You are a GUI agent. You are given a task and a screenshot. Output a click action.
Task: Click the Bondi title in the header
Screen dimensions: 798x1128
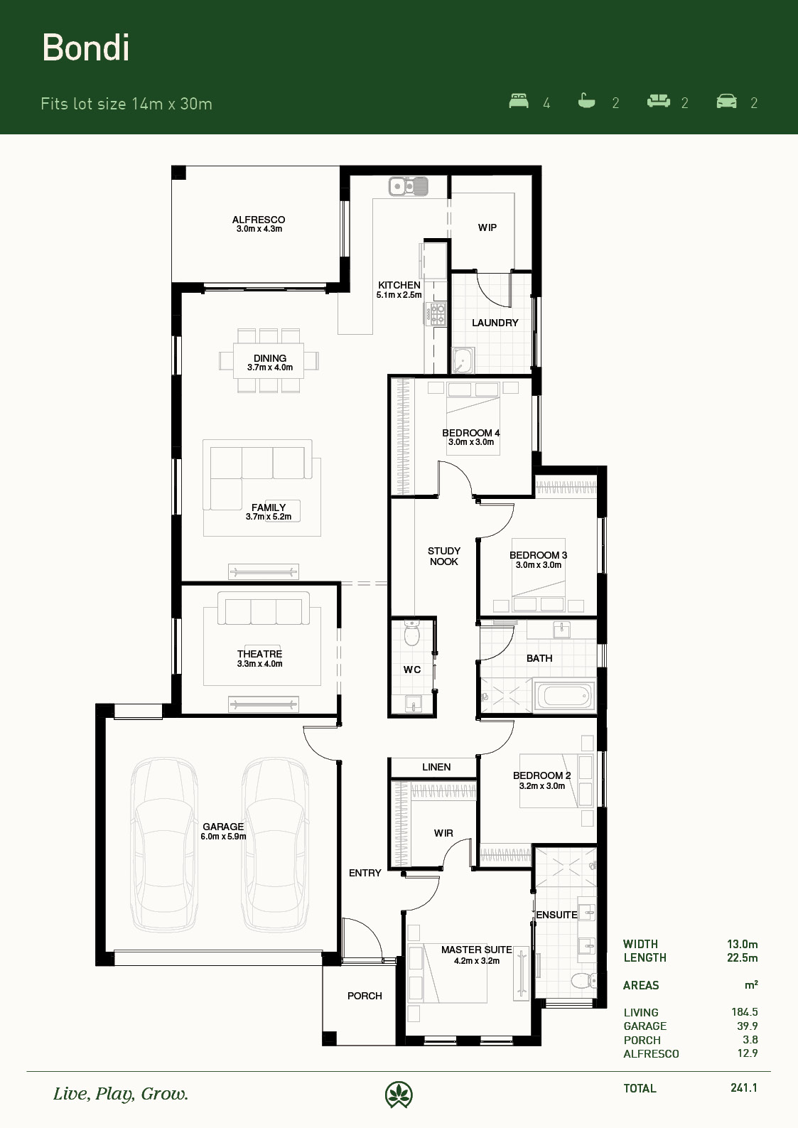tap(85, 48)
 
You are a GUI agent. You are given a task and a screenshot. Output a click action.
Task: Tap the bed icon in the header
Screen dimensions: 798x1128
tap(519, 101)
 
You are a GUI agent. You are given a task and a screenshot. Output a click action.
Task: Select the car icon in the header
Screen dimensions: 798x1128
tap(726, 101)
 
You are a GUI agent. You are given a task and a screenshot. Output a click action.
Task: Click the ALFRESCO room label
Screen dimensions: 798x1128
tap(259, 220)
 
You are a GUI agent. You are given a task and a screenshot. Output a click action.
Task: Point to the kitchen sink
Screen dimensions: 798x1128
tap(409, 186)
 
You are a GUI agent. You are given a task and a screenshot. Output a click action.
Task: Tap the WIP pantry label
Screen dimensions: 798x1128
tap(487, 227)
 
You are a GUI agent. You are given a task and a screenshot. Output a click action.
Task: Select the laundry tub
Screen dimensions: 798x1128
tap(463, 360)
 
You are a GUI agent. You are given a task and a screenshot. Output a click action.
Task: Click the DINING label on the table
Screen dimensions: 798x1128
tap(270, 358)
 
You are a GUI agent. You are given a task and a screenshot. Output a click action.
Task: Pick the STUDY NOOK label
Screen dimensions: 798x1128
tap(444, 556)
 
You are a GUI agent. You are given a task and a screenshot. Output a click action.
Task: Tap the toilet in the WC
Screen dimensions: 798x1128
tap(412, 633)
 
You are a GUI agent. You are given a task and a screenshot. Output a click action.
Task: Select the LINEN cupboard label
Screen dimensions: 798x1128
tap(436, 767)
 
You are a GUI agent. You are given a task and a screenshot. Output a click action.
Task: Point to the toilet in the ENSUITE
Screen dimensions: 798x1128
tap(583, 980)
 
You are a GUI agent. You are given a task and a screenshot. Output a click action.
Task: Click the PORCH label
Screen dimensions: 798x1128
tap(365, 996)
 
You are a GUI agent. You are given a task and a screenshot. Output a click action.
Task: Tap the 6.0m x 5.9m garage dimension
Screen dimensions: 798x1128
tap(224, 837)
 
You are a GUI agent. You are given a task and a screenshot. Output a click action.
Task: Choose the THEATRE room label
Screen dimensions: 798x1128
tap(260, 654)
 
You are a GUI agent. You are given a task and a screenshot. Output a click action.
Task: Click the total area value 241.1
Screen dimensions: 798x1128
tap(744, 1087)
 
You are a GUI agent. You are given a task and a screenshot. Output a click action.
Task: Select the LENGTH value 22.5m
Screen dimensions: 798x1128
tap(742, 958)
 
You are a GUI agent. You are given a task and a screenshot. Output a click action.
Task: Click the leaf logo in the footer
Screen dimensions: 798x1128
tap(399, 1095)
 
